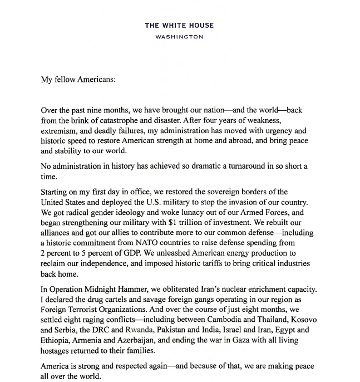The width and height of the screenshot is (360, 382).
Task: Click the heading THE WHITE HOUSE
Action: click(179, 25)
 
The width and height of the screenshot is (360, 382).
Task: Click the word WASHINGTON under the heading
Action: click(179, 37)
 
